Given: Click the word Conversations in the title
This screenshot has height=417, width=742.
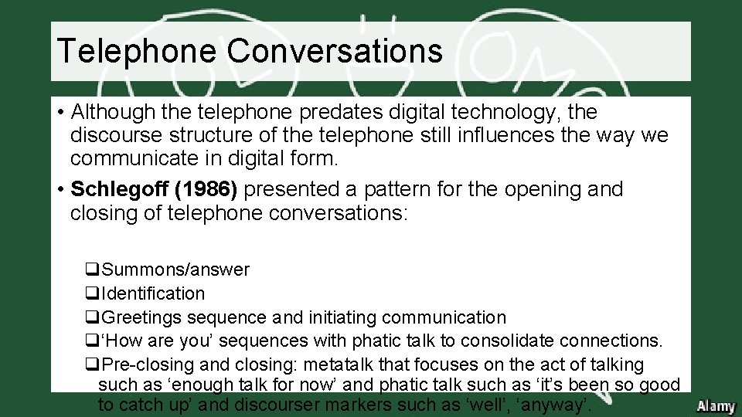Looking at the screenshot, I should click(335, 52).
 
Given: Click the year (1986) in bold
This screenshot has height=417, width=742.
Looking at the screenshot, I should click(216, 189).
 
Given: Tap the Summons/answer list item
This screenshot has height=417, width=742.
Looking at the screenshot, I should click(175, 270).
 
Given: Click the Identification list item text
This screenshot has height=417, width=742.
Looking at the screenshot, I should click(153, 293).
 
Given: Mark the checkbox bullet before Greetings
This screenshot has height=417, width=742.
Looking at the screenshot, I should click(92, 317).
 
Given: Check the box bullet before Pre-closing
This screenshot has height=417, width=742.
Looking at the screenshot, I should click(92, 364).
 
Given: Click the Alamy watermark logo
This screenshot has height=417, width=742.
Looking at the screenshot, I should click(715, 406).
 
